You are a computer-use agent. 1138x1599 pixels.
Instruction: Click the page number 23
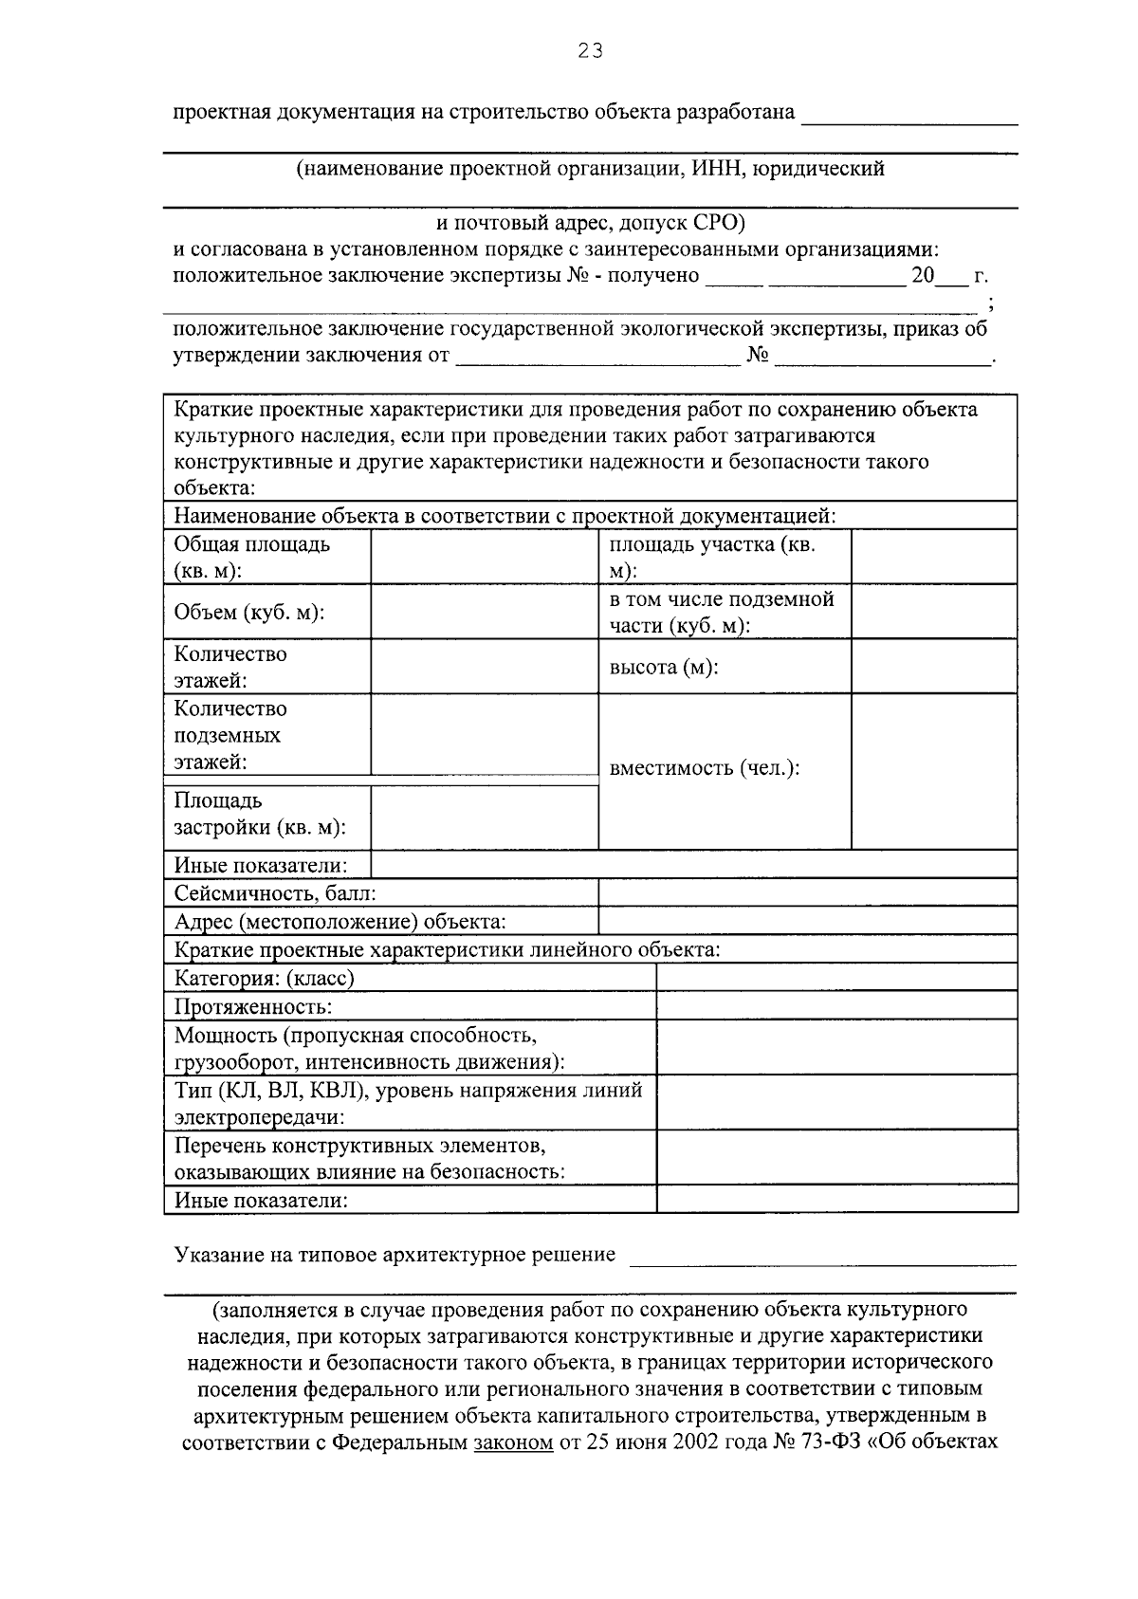pos(590,51)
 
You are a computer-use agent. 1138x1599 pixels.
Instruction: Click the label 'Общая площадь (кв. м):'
pos(251,558)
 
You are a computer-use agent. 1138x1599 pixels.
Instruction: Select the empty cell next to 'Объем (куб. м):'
pos(484,612)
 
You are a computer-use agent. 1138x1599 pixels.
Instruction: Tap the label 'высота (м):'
pos(663,667)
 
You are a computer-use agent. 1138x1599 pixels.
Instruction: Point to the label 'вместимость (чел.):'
pos(705,768)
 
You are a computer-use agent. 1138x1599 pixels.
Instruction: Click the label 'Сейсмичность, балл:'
pos(275,893)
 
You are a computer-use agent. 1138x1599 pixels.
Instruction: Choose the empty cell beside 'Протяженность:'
pos(836,1006)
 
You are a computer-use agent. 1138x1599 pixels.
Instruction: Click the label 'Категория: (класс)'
pos(265,978)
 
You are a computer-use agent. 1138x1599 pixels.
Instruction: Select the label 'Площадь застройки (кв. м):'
pos(259,815)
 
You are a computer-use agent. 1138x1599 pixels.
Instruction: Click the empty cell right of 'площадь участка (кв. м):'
pos(934,558)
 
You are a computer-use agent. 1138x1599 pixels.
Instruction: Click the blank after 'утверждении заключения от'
pos(597,357)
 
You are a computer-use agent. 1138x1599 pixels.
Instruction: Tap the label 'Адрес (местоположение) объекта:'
pos(340,922)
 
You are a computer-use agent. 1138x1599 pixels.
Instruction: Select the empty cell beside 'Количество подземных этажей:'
pos(484,735)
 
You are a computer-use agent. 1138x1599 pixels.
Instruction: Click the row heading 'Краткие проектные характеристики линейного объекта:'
pos(447,949)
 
